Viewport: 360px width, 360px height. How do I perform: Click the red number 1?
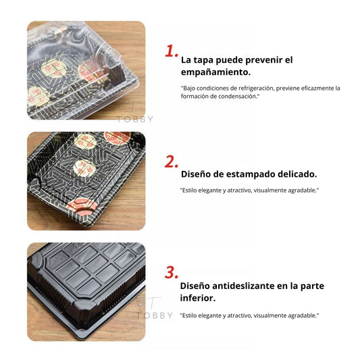click(172, 51)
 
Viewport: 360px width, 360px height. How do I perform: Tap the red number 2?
click(172, 162)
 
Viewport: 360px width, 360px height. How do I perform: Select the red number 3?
click(172, 273)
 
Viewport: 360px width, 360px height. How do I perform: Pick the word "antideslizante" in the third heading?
click(251, 285)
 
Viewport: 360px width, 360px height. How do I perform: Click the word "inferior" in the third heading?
click(196, 297)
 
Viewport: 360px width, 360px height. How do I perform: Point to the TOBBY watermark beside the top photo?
click(135, 119)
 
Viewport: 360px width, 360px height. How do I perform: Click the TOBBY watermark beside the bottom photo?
click(155, 315)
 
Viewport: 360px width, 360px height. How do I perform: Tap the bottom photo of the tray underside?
click(86, 291)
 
